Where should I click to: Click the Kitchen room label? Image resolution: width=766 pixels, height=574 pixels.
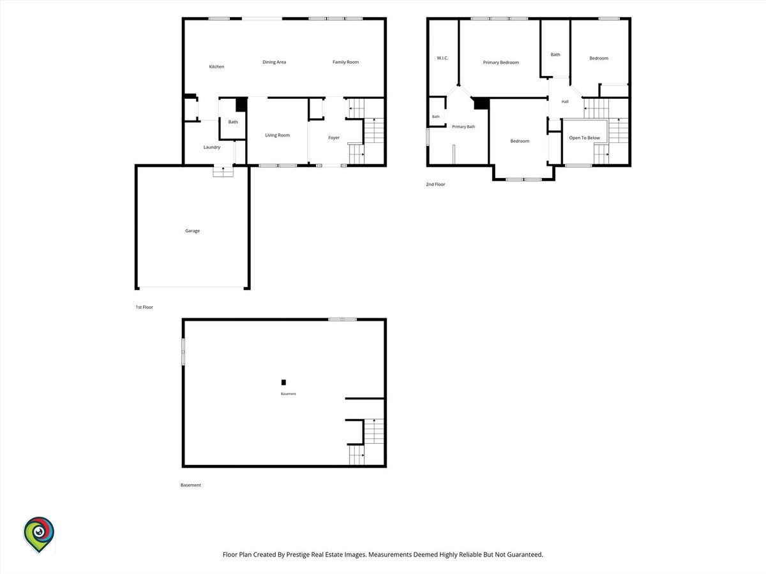point(216,66)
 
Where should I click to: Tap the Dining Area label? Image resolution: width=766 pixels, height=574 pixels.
point(274,62)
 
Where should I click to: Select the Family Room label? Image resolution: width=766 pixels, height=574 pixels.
point(345,62)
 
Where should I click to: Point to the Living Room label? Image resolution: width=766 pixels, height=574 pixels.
point(277,135)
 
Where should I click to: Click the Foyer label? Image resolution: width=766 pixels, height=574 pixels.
point(334,138)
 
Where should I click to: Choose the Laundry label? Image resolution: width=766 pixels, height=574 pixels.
point(212,147)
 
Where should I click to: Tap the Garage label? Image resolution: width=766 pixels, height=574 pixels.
point(192,231)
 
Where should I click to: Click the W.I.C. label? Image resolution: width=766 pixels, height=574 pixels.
point(442,58)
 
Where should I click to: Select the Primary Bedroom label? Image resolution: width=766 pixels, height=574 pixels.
point(501,63)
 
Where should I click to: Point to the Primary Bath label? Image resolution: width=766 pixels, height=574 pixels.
point(463,126)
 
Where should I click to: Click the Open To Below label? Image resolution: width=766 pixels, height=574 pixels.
point(584,138)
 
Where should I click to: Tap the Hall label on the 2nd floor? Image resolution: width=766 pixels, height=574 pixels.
point(565,101)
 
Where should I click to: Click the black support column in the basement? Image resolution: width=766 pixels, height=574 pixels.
point(283,382)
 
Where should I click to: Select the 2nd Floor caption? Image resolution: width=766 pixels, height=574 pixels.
point(435,184)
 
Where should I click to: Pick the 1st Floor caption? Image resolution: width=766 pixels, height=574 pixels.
point(144,307)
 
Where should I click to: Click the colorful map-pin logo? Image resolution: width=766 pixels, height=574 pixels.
point(39,534)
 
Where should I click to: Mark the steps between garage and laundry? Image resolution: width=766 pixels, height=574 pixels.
point(223,172)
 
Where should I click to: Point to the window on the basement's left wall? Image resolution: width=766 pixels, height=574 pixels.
point(183,351)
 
